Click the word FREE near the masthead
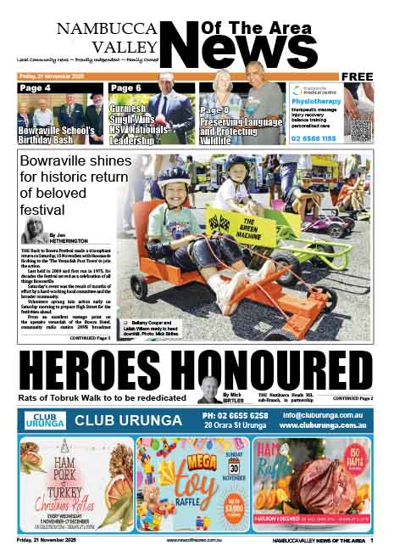(359, 76)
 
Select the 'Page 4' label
(36, 87)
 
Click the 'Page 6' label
(126, 87)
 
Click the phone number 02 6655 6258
(235, 415)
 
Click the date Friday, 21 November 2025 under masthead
(52, 76)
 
